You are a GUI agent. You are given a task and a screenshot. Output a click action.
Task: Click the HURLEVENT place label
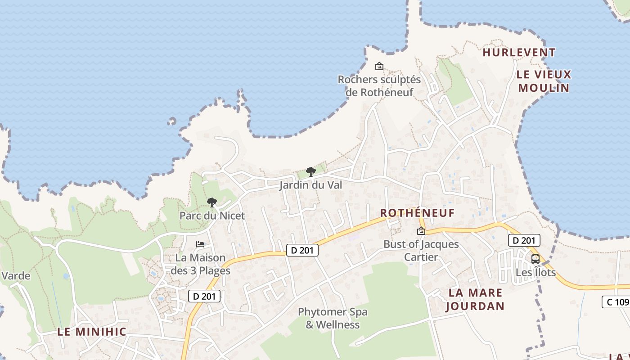(x=519, y=53)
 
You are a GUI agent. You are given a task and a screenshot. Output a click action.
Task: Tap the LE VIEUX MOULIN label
(x=544, y=81)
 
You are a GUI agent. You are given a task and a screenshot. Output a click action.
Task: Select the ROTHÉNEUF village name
(x=417, y=213)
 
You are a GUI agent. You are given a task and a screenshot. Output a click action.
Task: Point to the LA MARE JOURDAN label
(x=475, y=299)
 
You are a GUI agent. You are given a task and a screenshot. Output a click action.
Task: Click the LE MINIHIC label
(x=91, y=332)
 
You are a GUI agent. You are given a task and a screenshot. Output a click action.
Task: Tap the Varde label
(x=16, y=276)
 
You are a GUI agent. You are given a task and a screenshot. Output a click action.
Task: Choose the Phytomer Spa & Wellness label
(x=333, y=318)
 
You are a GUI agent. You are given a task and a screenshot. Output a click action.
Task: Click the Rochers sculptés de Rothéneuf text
(x=379, y=86)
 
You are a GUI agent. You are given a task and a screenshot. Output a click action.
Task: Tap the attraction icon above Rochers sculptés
(x=379, y=67)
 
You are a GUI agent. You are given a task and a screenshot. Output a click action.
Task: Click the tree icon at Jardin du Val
(x=310, y=171)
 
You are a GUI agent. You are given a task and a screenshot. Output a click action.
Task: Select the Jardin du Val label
(x=310, y=185)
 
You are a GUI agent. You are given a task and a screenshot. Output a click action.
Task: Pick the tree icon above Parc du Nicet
(x=211, y=202)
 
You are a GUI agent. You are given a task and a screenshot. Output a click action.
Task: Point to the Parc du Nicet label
(x=212, y=216)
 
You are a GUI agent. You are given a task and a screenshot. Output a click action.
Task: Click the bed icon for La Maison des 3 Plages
(x=200, y=244)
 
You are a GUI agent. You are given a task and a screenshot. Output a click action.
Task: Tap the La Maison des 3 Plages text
(x=200, y=264)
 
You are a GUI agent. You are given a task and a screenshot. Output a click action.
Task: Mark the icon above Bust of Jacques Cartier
(x=421, y=231)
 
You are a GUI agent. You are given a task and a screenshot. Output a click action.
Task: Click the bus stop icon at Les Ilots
(x=535, y=259)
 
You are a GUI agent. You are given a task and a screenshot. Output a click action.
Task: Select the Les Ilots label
(x=535, y=272)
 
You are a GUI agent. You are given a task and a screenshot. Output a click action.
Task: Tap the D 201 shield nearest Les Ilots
(x=524, y=240)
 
